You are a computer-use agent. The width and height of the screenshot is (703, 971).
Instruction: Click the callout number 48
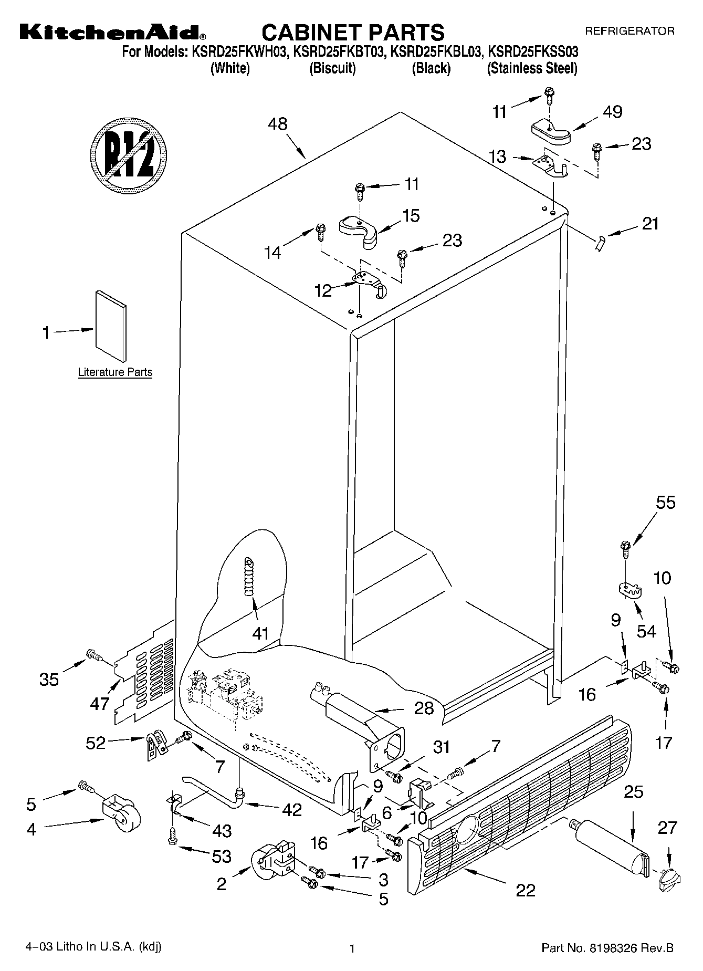[278, 124]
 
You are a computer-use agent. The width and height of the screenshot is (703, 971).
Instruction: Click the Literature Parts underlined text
[115, 372]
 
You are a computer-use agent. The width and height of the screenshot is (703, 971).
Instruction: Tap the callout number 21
[650, 224]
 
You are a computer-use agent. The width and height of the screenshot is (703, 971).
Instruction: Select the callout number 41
[260, 633]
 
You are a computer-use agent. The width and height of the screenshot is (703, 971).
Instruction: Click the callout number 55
[666, 503]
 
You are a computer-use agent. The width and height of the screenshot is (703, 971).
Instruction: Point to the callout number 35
[49, 680]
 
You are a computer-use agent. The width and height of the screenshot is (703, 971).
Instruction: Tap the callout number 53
[222, 857]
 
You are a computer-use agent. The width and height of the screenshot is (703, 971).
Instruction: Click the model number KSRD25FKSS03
[533, 51]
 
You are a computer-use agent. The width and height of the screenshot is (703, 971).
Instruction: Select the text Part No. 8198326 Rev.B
[607, 948]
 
